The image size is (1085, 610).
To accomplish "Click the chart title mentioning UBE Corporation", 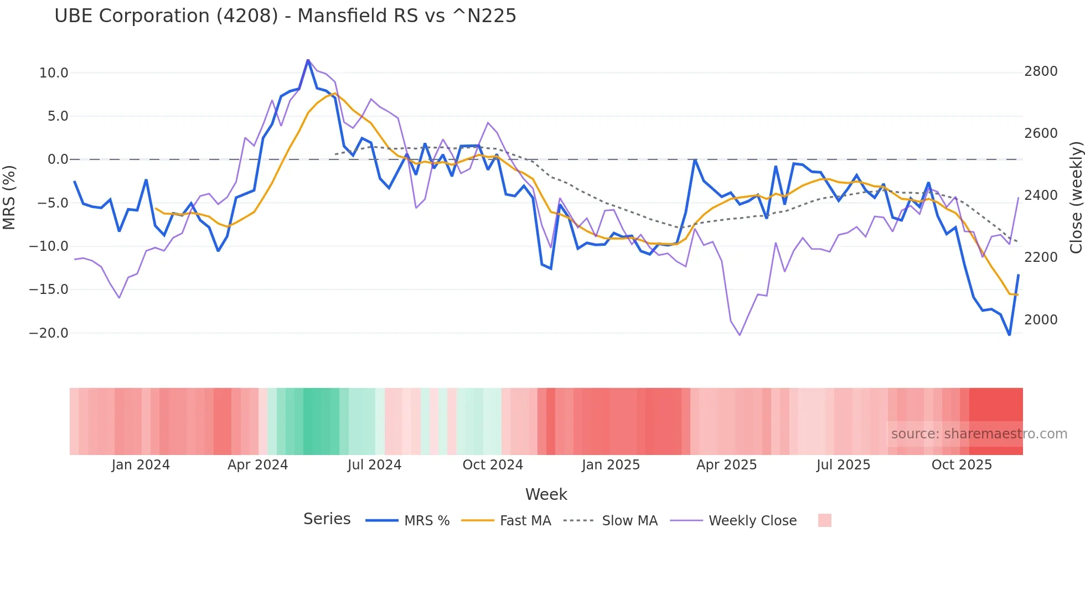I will pos(285,15).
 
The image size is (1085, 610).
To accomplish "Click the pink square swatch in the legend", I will pos(824,520).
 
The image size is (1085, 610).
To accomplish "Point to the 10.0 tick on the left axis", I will pos(54,73).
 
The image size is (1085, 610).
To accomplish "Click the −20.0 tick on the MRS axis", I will pos(49,333).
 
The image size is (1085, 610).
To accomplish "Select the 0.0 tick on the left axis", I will pos(58,159).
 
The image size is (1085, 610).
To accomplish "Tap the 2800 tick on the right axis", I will pos(1041,71).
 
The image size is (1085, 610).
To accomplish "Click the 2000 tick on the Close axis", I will pos(1041,320).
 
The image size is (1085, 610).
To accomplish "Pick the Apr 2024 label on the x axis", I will pos(257,465).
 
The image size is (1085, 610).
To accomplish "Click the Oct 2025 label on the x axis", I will pos(962,465).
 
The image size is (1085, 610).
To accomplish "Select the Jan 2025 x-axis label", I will pos(611,465).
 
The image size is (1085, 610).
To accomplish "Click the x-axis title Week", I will pos(546,494).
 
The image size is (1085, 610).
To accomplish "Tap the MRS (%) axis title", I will pos(9,197).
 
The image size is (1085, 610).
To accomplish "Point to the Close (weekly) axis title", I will pos(1076,197).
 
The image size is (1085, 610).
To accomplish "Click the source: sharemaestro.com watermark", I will pos(979,434).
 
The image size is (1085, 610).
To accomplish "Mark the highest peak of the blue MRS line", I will pos(308,60).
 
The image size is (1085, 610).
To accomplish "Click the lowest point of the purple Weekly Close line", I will pos(740,335).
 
